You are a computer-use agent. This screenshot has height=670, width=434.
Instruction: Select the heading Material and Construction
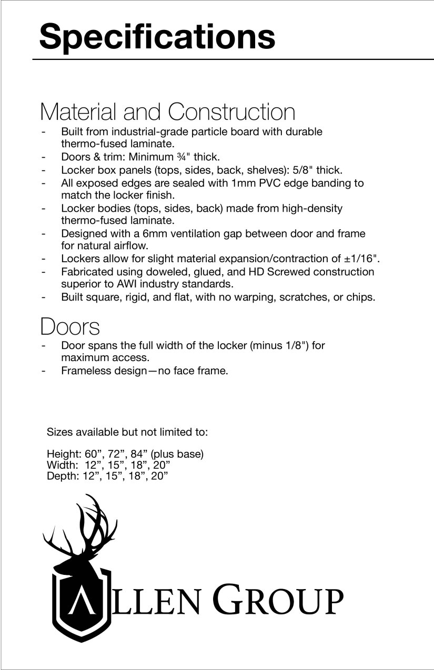167,112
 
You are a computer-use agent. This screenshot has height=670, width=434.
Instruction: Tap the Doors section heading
69,326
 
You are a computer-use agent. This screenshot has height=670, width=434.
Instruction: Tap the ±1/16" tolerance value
362,259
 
